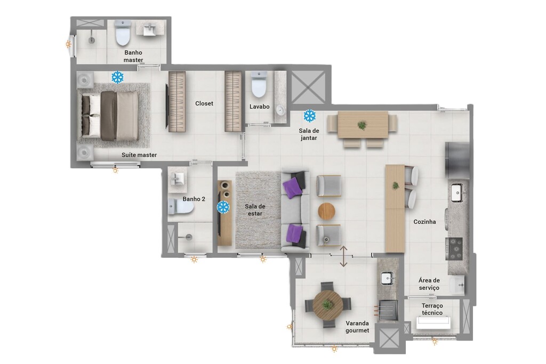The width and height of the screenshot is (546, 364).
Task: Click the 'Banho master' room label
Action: pos(133,56)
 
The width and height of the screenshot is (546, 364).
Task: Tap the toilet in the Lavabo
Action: pos(259,85)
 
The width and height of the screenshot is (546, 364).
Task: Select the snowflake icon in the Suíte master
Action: pos(117,77)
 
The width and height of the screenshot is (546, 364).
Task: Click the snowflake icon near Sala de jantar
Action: pos(309,116)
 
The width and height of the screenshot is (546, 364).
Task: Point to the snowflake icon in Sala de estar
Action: pos(223,207)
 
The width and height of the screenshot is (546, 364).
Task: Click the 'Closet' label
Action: pos(204,103)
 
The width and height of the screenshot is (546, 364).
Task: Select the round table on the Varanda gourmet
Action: pos(327,304)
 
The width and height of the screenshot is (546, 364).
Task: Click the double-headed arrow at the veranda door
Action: pos(344,256)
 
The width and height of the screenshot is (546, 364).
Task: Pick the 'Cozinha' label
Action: pos(424,222)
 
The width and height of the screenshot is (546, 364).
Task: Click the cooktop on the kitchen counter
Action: pos(455,248)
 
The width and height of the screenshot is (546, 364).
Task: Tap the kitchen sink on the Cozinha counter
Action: pos(457,192)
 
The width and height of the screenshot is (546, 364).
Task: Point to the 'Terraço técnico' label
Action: pos(432,309)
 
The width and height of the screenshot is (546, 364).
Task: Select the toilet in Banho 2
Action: pos(180,207)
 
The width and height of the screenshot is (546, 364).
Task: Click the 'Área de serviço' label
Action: pos(429,284)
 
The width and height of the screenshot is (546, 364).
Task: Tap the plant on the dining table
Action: pos(362,125)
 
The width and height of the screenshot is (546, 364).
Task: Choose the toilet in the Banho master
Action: pos(123,34)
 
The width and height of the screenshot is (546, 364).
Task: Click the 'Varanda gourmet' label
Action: pos(357,327)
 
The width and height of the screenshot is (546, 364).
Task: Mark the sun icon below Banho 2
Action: pos(194,260)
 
